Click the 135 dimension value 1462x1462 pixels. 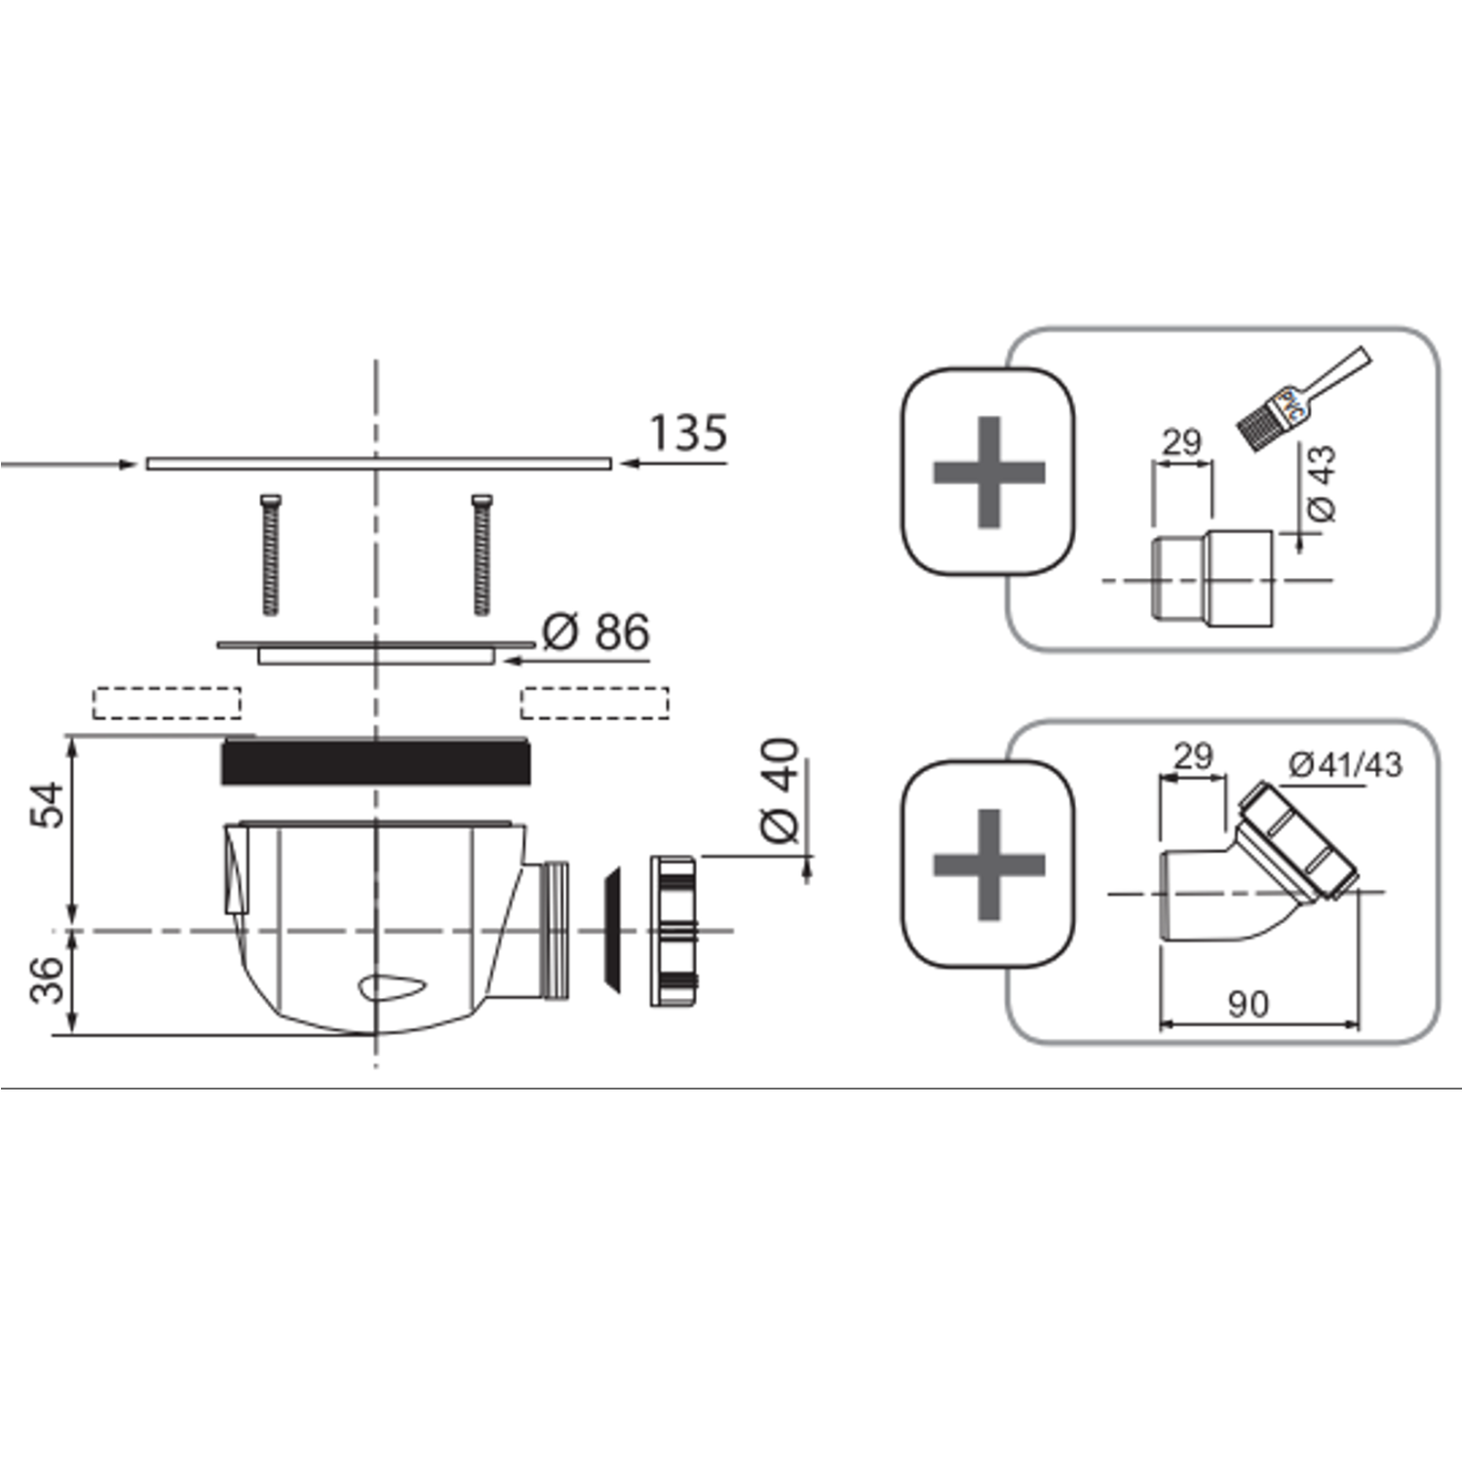click(688, 433)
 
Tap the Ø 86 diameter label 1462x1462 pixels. click(596, 633)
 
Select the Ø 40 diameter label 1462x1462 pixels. click(780, 790)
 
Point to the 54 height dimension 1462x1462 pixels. click(48, 804)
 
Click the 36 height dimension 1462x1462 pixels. click(48, 980)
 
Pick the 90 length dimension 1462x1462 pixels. click(1248, 1004)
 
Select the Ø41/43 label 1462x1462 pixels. click(1345, 765)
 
